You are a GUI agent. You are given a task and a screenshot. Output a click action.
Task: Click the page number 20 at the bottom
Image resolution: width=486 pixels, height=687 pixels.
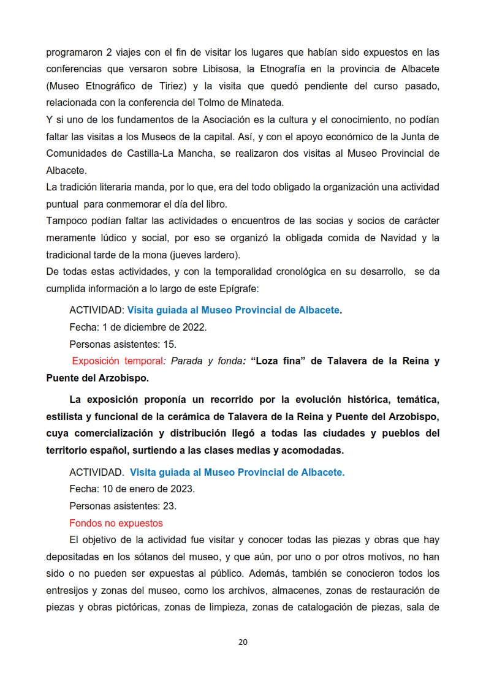(x=243, y=642)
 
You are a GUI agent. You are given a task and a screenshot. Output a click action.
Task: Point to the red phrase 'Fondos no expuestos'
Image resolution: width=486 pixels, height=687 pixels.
(x=116, y=524)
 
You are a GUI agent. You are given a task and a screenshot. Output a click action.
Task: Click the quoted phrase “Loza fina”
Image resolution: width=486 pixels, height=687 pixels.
(x=278, y=361)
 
